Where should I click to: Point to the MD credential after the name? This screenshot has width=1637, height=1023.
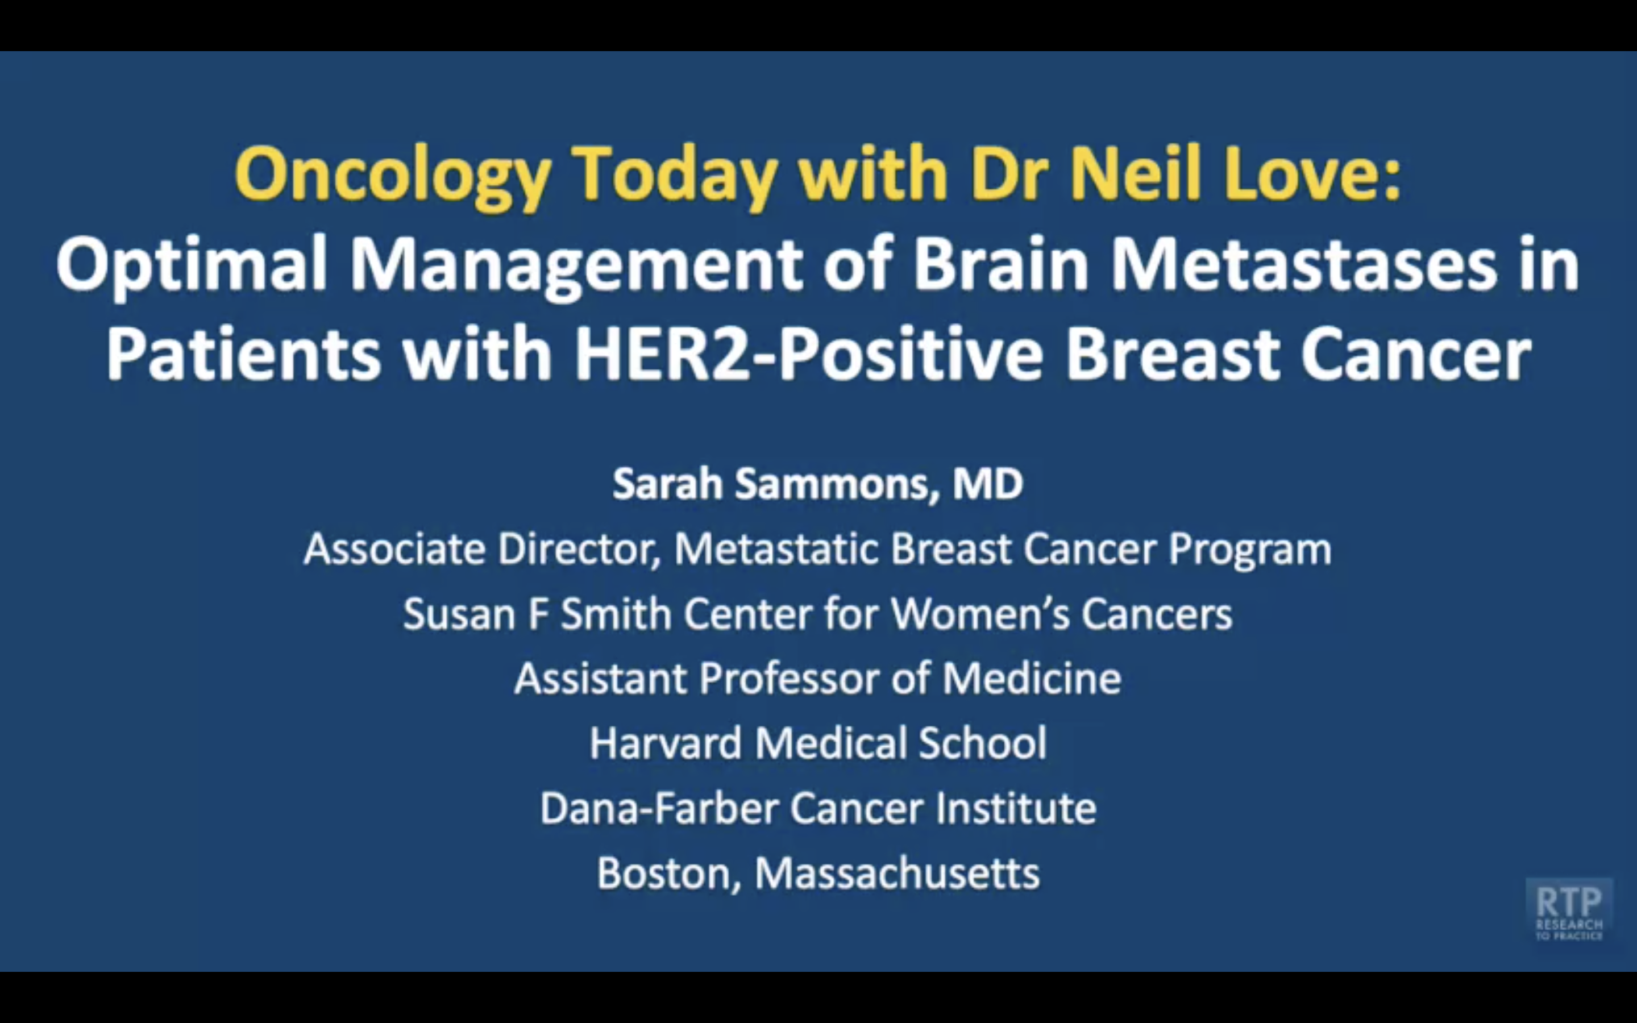(x=988, y=484)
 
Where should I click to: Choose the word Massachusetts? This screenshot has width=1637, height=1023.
(x=897, y=874)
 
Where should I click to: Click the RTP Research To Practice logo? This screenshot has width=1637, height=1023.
(x=1569, y=910)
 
